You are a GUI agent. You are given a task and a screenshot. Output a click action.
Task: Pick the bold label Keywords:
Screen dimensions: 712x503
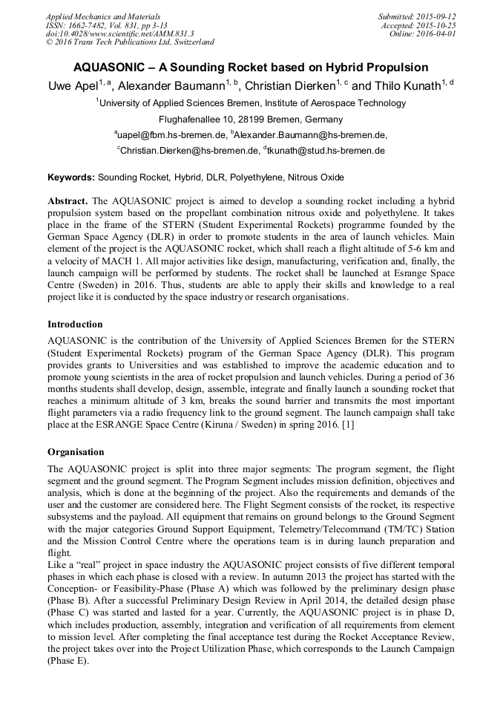71,178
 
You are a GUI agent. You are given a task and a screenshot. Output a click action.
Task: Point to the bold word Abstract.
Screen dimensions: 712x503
68,202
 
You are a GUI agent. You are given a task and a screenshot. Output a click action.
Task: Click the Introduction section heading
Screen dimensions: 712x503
75,324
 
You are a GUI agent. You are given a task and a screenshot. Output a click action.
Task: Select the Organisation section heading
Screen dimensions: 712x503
76,452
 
